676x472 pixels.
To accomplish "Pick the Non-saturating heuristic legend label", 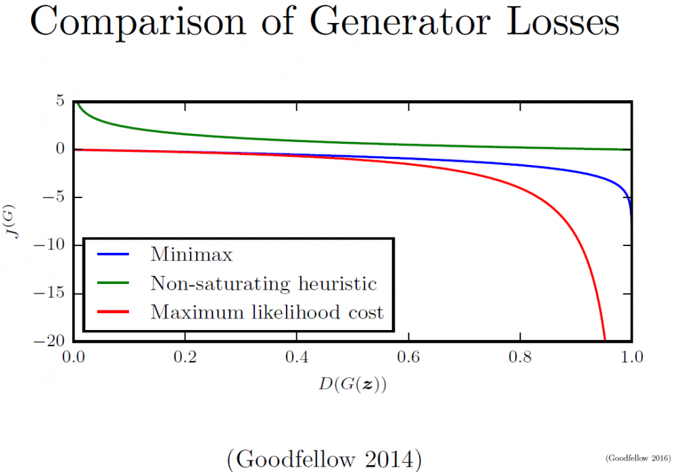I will tap(264, 283).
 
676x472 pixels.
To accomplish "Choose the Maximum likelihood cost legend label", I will tap(267, 312).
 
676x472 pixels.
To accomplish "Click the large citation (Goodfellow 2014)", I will tap(324, 459).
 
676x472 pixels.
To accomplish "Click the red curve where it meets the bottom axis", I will tap(604, 339).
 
